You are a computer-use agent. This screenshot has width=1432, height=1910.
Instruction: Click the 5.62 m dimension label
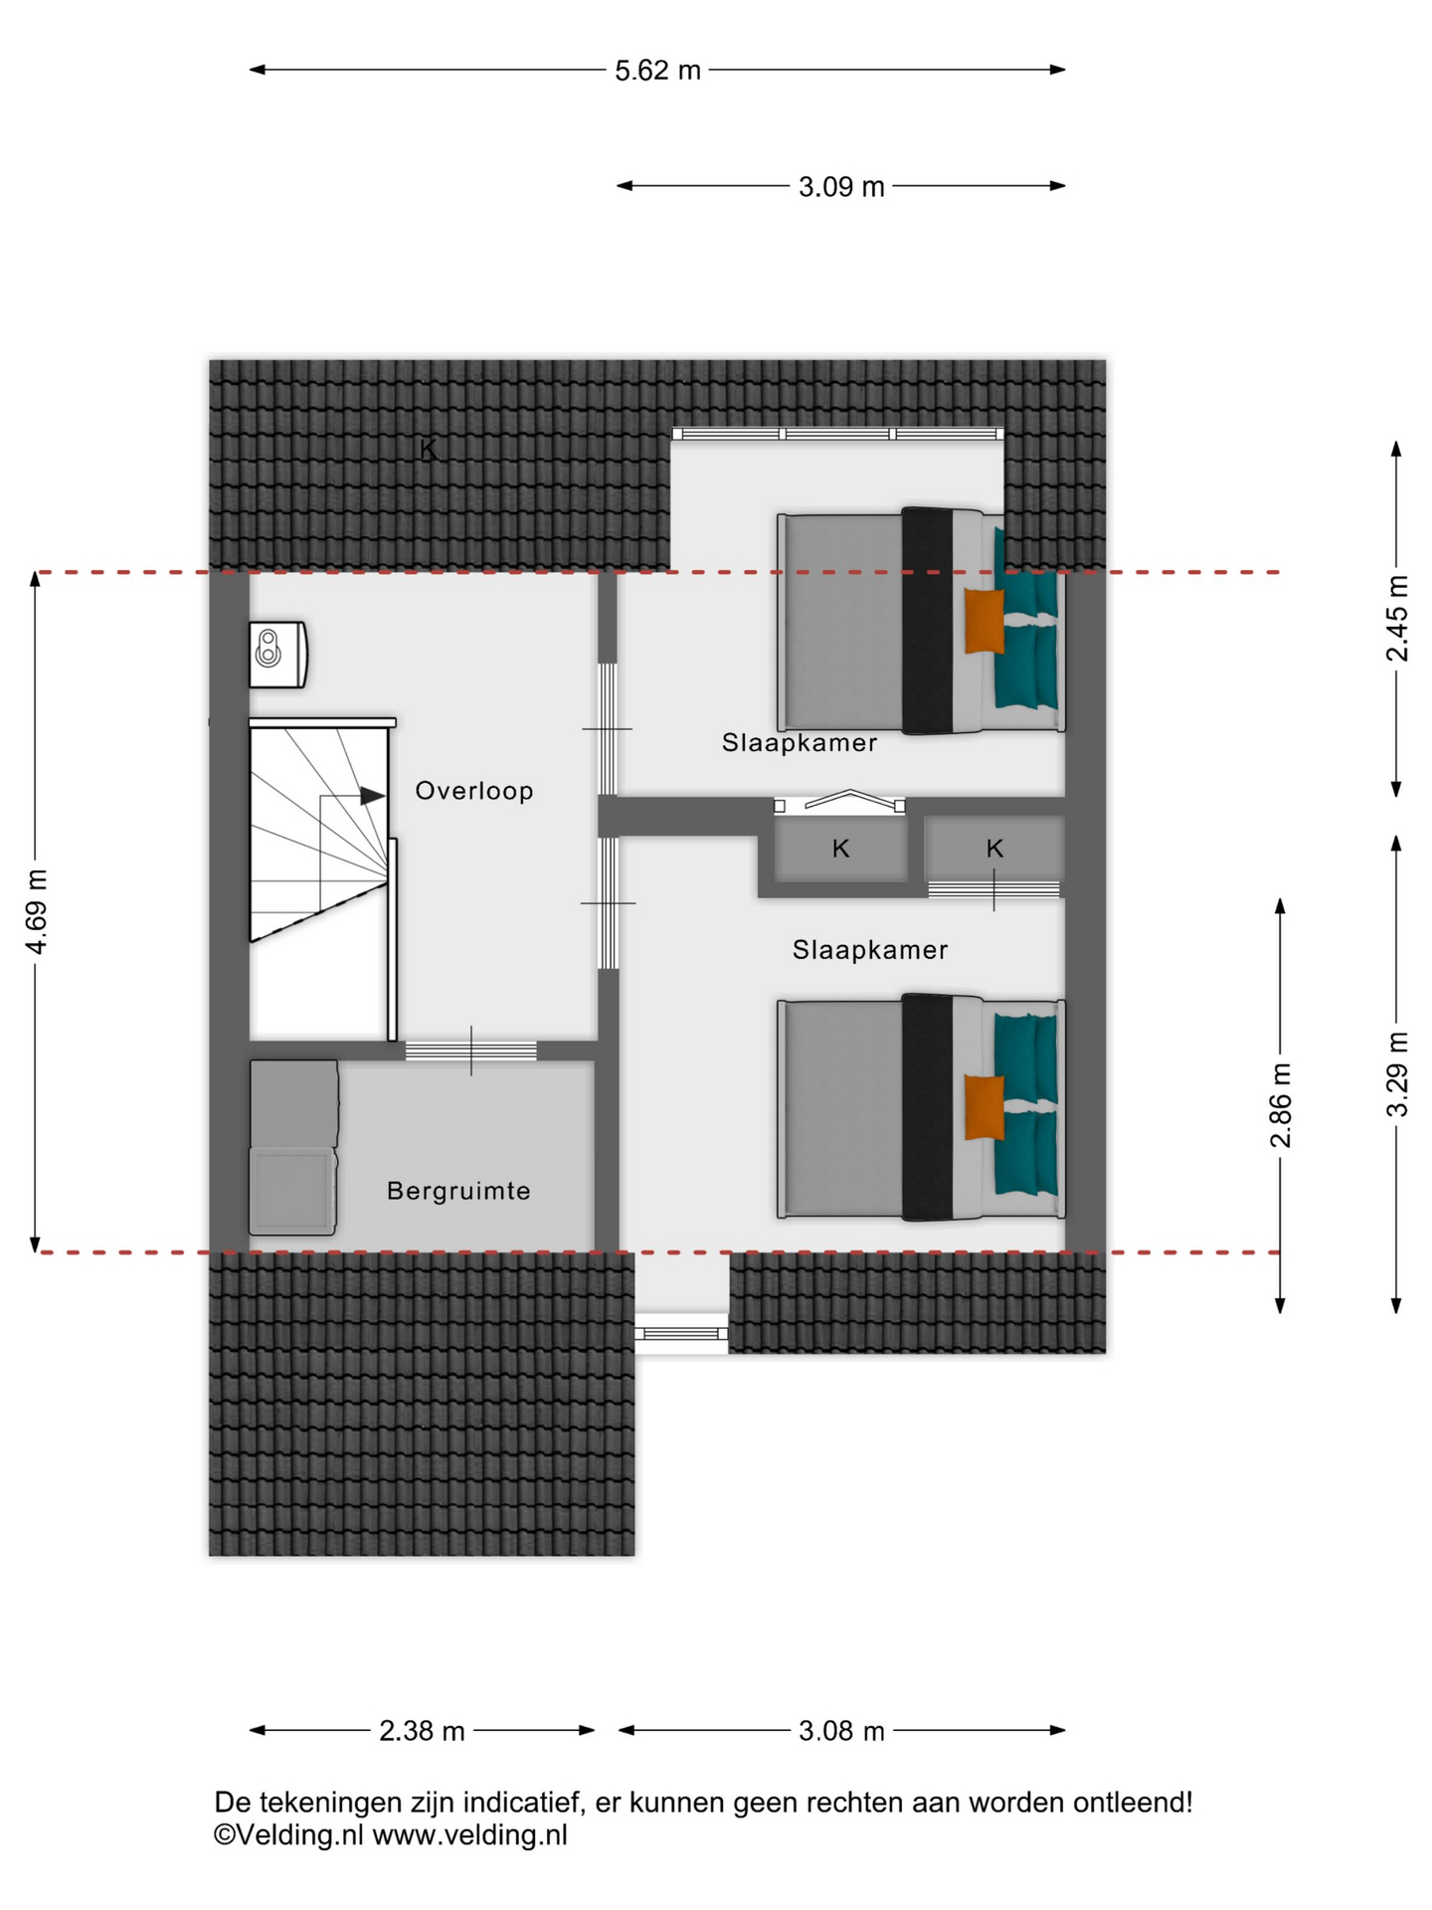[657, 71]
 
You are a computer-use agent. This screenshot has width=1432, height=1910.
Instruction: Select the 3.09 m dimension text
[841, 187]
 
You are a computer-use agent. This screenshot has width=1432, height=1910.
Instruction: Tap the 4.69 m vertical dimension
[37, 911]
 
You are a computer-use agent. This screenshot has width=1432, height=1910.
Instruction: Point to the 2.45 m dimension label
[1397, 619]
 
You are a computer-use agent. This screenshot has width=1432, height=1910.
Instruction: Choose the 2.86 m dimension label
[1281, 1105]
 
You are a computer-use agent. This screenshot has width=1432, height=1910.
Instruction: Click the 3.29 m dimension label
[1397, 1075]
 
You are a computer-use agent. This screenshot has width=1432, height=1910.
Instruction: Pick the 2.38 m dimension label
[422, 1732]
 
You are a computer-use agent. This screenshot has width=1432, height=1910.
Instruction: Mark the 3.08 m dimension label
[841, 1732]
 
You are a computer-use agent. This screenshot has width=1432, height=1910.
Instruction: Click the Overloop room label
[474, 791]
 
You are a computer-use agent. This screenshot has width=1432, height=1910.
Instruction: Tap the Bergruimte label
[458, 1191]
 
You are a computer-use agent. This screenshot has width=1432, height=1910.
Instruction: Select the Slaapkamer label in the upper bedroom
[800, 743]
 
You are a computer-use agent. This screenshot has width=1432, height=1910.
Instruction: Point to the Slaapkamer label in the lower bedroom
[870, 950]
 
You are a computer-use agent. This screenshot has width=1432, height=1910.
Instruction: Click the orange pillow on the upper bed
[984, 622]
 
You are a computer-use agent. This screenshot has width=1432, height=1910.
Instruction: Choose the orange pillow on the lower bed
[984, 1107]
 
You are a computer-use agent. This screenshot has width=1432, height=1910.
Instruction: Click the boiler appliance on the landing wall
[277, 655]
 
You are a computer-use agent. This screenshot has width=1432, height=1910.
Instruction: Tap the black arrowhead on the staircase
[372, 796]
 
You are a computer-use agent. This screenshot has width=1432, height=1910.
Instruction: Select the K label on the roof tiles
[428, 450]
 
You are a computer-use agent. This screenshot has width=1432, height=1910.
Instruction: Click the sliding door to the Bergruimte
[470, 1050]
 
